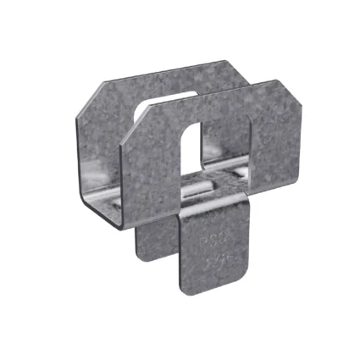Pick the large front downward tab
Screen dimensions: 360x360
click(208, 258)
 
